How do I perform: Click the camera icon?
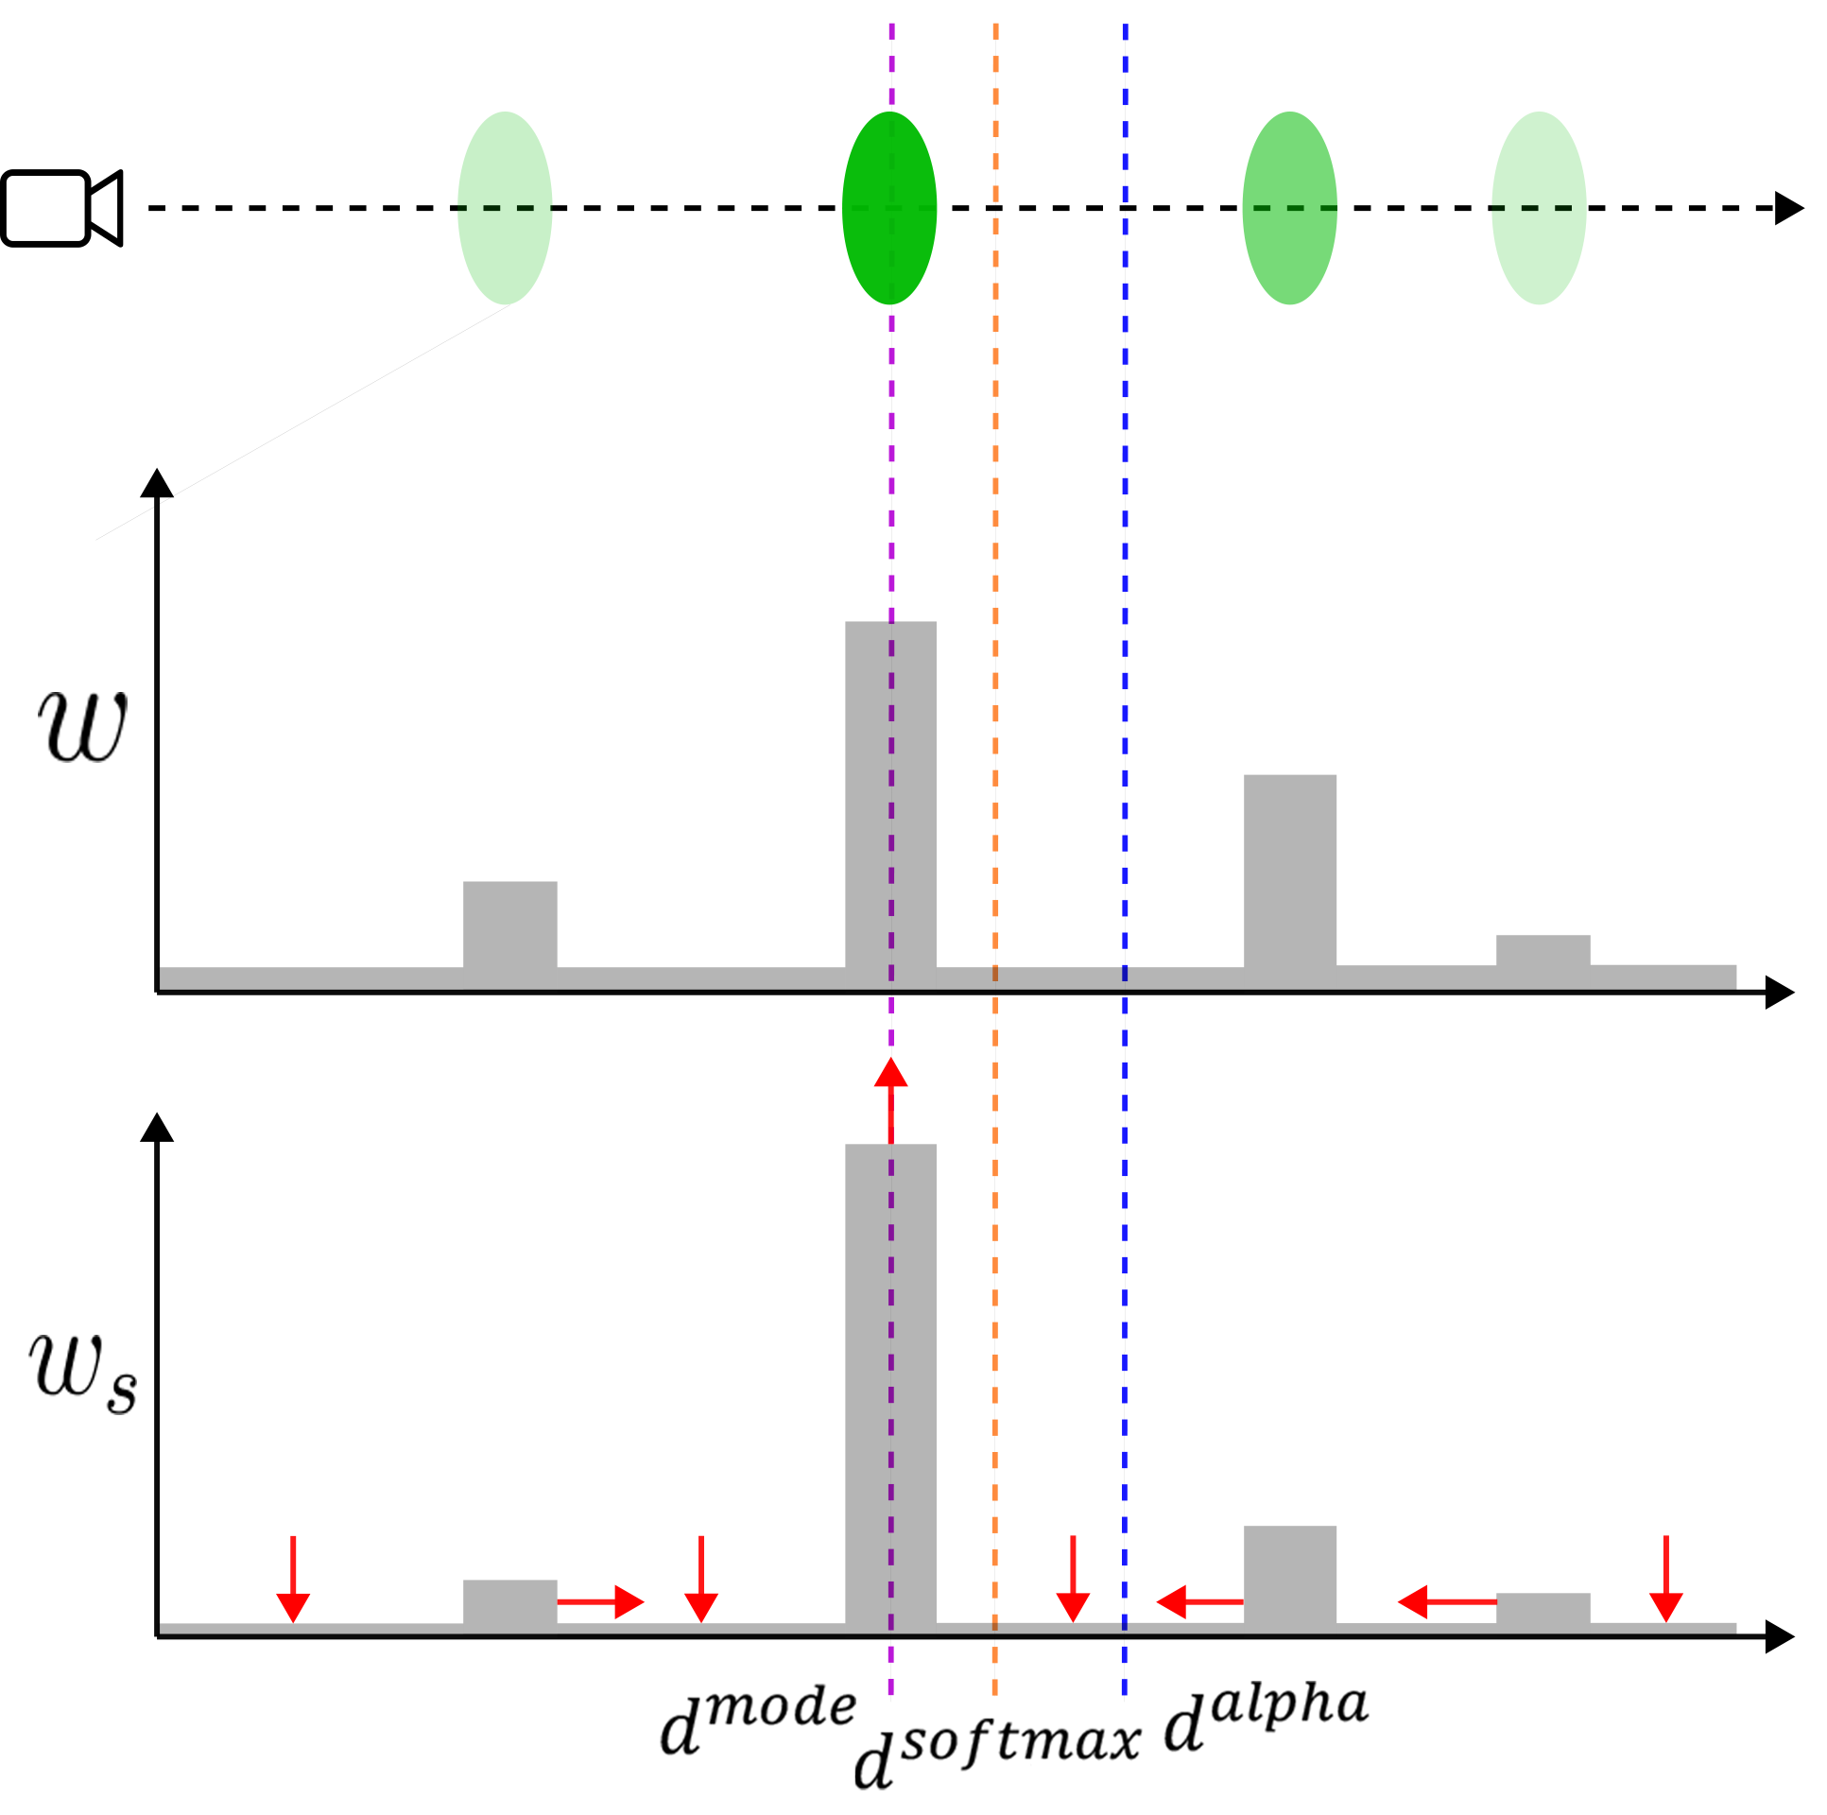(61, 208)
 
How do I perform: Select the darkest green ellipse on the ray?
(888, 208)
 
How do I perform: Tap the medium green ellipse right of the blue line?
(1289, 208)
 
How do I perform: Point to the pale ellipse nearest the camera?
(505, 208)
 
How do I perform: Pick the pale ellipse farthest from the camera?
(1538, 208)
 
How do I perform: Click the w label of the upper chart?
(82, 726)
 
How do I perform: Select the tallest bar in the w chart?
(889, 804)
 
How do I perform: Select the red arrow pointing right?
(599, 1602)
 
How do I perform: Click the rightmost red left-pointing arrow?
(1447, 1602)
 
